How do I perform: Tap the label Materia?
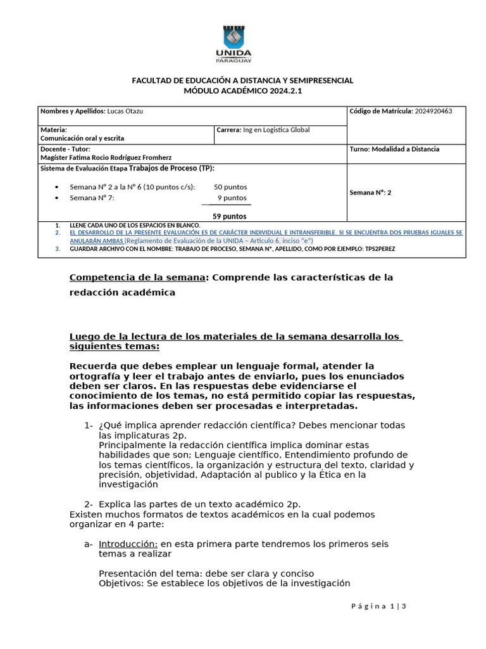click(x=54, y=129)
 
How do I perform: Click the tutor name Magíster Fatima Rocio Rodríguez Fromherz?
click(x=106, y=157)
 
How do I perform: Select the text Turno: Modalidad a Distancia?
click(x=394, y=149)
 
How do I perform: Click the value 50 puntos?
click(x=230, y=187)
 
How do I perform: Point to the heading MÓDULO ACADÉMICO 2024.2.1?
click(x=242, y=91)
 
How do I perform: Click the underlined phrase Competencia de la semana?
click(x=137, y=278)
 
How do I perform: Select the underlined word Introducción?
click(x=128, y=544)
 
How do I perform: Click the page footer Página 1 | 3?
click(x=378, y=607)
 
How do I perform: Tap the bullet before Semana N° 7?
click(x=58, y=198)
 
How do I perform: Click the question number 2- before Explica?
click(x=89, y=504)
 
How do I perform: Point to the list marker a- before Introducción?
click(x=89, y=544)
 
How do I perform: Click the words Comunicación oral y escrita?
click(x=82, y=138)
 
